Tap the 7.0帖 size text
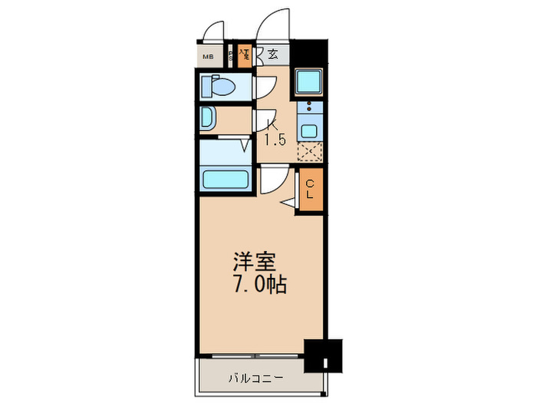(260, 285)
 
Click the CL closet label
(310, 190)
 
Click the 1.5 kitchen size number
(275, 140)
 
